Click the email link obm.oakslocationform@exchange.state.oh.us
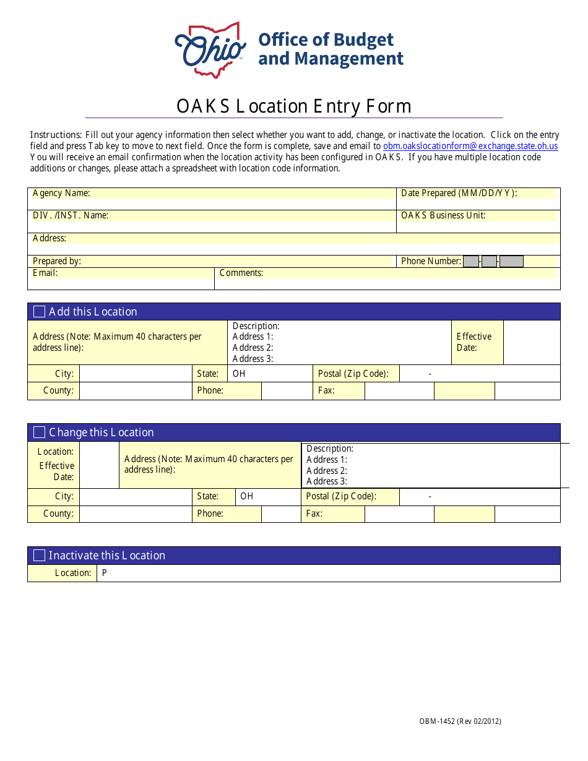click(x=470, y=146)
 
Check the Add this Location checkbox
click(x=39, y=312)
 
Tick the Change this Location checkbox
click(x=39, y=432)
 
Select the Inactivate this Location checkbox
click(x=39, y=556)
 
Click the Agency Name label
click(x=61, y=194)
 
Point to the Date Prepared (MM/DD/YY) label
click(x=459, y=193)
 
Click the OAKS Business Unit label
click(x=443, y=215)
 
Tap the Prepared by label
click(x=57, y=261)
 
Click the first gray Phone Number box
click(x=471, y=261)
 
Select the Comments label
click(x=241, y=273)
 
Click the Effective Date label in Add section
click(x=474, y=342)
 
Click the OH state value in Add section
click(x=239, y=374)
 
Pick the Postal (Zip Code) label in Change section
click(x=341, y=496)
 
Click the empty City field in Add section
click(x=136, y=374)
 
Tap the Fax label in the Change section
click(x=314, y=514)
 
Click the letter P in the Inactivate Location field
click(x=105, y=573)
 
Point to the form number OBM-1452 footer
click(x=460, y=721)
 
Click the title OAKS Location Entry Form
click(x=294, y=106)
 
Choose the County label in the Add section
click(x=58, y=390)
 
